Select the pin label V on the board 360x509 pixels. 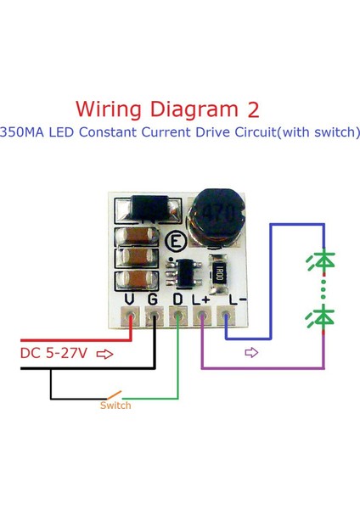click(x=129, y=299)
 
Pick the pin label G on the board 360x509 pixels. click(x=153, y=299)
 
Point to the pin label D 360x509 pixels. click(x=177, y=299)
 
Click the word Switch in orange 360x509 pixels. click(x=115, y=406)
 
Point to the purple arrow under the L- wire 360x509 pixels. click(x=250, y=352)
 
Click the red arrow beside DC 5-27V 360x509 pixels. click(x=106, y=352)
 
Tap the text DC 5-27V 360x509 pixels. click(x=53, y=352)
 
